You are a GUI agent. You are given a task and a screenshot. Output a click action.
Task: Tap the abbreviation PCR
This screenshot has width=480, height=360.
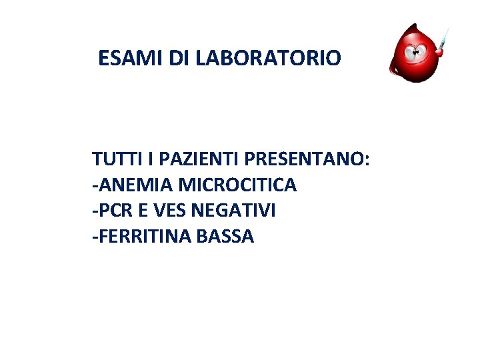click(115, 210)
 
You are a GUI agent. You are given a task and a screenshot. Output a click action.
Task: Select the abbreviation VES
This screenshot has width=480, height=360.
click(169, 210)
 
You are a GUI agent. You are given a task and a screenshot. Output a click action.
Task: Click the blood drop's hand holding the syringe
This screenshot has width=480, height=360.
click(439, 48)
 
